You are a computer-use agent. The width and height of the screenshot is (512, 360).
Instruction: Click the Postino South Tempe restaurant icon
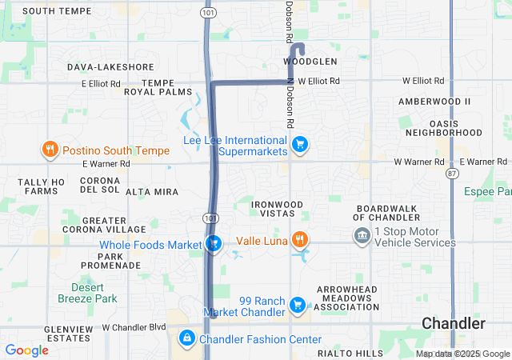coord(50,150)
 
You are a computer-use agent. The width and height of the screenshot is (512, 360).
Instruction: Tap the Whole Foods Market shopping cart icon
coord(214,244)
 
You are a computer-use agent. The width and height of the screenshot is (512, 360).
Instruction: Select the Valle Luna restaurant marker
coord(299,239)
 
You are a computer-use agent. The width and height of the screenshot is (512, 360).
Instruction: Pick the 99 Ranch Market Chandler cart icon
coord(298,305)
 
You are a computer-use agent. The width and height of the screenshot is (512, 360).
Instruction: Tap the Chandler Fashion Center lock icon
coord(187,339)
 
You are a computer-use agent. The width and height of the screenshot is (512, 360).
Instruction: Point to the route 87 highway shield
coord(453,173)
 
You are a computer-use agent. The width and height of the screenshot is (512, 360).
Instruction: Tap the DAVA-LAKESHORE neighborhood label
coord(110,67)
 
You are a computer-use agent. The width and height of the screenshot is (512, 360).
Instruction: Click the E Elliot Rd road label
coord(101,82)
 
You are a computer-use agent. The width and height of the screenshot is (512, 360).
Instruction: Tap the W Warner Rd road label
coord(419,162)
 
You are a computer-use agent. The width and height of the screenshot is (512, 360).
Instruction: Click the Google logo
coord(26,350)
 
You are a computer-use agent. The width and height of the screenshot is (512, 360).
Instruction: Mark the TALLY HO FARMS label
coord(42,186)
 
